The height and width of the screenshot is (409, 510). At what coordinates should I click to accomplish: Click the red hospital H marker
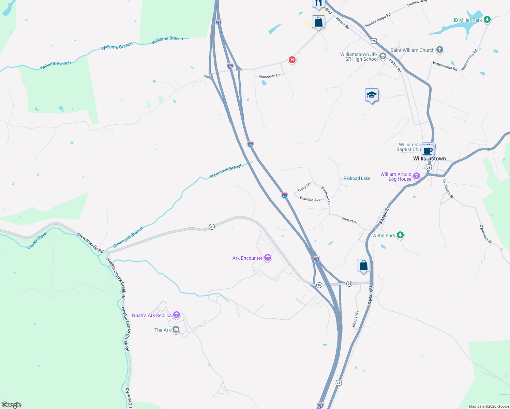(x=292, y=60)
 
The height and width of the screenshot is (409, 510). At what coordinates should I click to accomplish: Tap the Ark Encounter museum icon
(x=268, y=258)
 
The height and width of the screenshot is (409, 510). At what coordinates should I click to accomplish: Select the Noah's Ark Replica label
(x=152, y=315)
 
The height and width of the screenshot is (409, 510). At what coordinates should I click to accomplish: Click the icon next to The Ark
(x=176, y=329)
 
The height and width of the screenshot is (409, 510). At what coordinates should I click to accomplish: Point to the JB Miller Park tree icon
(x=487, y=20)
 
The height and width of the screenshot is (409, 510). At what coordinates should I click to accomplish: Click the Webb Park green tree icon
(x=400, y=235)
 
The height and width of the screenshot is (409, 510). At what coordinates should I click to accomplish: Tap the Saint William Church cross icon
(x=440, y=50)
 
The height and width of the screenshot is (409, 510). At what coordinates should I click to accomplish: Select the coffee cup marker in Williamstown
(x=427, y=150)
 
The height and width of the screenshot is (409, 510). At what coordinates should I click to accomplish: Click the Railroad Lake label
(x=357, y=178)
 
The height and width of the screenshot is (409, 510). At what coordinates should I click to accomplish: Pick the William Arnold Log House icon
(x=416, y=176)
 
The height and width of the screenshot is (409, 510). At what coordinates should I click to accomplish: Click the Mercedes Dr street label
(x=269, y=76)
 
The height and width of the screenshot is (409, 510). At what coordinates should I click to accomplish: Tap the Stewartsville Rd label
(x=90, y=243)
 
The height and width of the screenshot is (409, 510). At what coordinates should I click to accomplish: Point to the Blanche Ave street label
(x=310, y=199)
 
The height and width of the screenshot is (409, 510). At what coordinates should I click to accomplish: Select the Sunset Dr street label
(x=349, y=220)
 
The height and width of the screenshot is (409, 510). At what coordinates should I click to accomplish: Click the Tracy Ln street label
(x=303, y=187)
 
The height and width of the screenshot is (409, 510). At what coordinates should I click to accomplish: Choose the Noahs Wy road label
(x=356, y=319)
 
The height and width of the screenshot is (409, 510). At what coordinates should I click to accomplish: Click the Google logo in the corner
(x=12, y=405)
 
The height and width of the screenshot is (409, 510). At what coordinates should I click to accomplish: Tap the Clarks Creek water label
(x=37, y=241)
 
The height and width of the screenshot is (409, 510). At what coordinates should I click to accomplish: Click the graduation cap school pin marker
(x=372, y=95)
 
